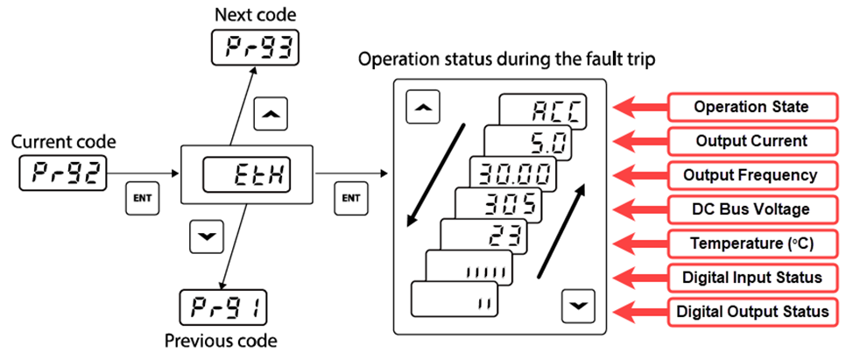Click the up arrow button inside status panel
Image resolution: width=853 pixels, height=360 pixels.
coord(424,107)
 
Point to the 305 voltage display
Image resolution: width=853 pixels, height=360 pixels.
coord(498,205)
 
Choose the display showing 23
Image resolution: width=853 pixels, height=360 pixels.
coord(484,236)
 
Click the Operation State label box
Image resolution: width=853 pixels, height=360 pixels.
coord(751,107)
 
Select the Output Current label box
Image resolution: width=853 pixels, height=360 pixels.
coord(751,140)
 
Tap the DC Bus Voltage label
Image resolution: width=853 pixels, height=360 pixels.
coord(751,208)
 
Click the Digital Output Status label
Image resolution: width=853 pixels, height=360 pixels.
coord(751,311)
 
